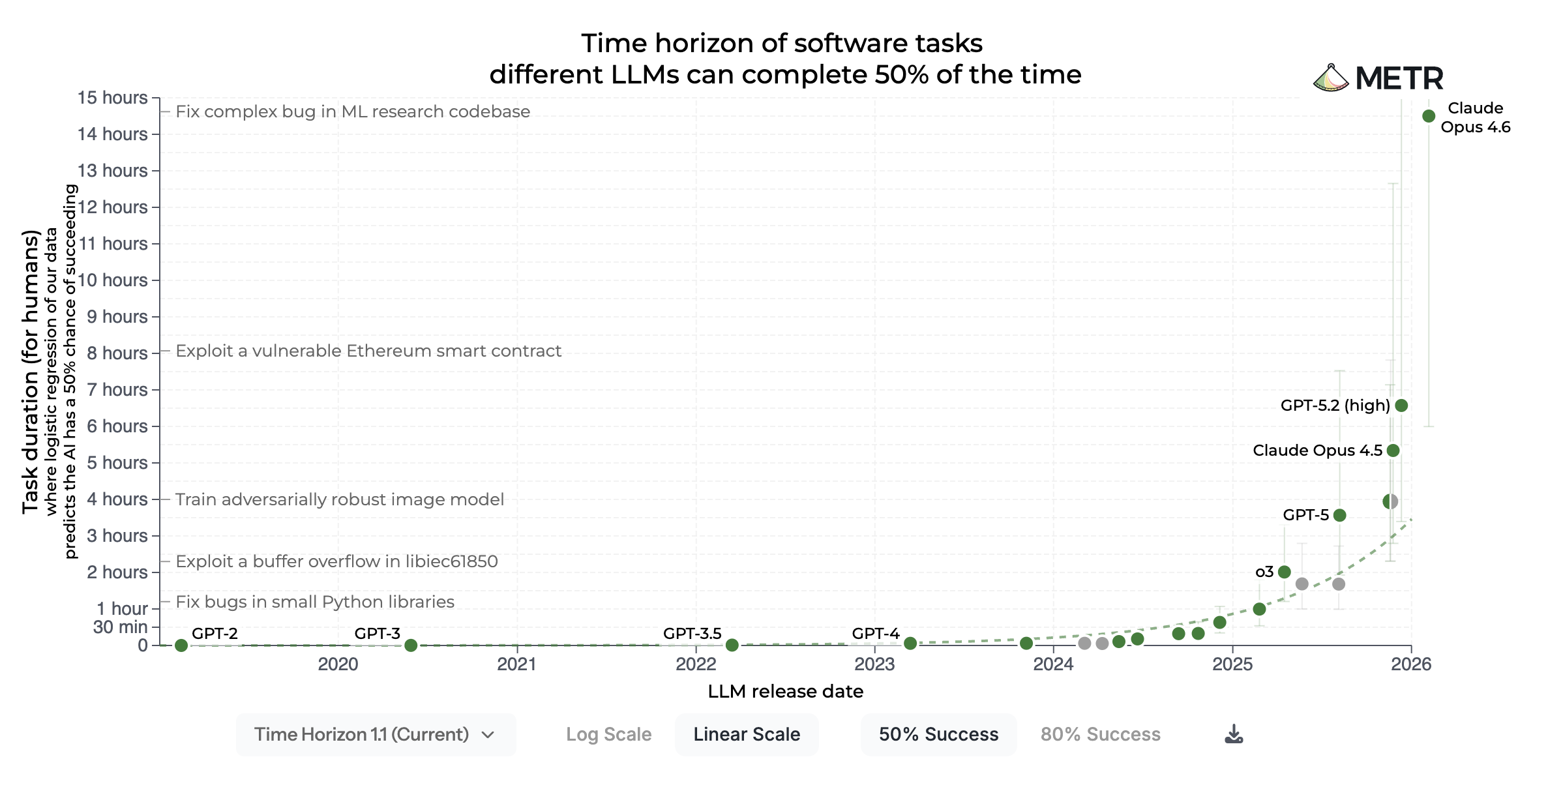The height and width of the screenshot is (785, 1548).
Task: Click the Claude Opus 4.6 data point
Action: point(1429,116)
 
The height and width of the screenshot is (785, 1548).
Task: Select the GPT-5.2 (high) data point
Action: point(1401,406)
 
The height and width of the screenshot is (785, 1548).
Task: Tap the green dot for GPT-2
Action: point(181,645)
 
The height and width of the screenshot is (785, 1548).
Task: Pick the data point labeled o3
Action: point(1285,572)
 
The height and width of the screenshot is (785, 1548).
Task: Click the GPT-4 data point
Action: point(910,644)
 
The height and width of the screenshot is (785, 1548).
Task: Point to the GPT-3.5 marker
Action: point(732,645)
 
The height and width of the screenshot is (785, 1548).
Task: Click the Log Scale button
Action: point(608,734)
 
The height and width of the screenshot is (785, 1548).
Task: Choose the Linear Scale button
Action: point(747,734)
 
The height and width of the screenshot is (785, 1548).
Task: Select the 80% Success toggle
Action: point(1100,734)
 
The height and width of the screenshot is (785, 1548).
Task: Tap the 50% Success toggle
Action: point(938,734)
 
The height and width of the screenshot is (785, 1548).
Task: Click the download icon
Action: point(1234,734)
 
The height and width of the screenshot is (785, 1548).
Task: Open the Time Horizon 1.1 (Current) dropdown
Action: point(376,734)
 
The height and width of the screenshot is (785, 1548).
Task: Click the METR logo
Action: point(1378,79)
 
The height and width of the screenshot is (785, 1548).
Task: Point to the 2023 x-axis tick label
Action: point(874,664)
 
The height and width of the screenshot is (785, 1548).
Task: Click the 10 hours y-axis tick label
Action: point(113,280)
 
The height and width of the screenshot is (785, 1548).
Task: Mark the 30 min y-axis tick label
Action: point(121,627)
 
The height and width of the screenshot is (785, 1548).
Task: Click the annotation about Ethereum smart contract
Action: point(368,351)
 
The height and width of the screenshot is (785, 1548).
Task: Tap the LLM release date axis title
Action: point(785,691)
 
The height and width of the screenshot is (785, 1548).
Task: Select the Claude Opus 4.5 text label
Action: point(1317,451)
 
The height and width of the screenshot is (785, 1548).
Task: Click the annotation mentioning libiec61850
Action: point(336,561)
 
